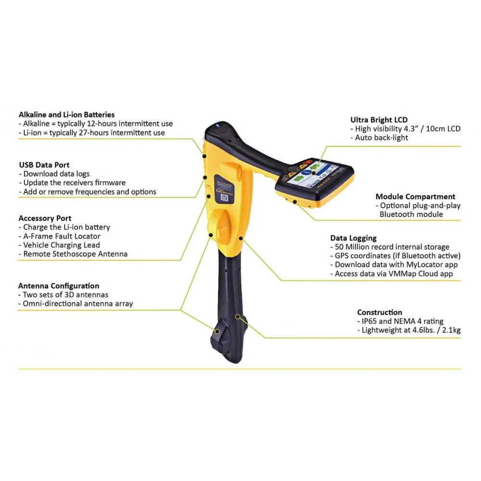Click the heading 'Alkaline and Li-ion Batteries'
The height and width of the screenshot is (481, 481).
66,115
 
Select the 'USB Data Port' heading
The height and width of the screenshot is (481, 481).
44,165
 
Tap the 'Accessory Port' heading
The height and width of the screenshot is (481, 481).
45,218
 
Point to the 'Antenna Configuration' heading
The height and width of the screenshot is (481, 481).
59,286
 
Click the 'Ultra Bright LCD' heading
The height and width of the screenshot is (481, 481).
379,120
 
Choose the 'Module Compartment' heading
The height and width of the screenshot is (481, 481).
416,197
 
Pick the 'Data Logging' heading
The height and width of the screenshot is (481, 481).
354,238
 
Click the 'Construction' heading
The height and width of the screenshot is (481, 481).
380,312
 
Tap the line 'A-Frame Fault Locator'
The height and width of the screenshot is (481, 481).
60,236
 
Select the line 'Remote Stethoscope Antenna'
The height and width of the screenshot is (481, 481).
73,254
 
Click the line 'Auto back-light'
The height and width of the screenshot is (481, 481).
379,138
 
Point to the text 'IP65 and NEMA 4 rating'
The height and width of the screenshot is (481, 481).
400,321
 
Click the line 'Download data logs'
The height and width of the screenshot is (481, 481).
54,174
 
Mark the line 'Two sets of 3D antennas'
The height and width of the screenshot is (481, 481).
63,295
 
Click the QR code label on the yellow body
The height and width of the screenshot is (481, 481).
224,197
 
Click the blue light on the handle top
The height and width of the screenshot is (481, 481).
217,125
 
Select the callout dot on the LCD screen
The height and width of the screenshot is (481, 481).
314,173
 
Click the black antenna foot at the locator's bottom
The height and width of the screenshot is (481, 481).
227,341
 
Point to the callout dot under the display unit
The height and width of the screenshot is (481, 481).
294,202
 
